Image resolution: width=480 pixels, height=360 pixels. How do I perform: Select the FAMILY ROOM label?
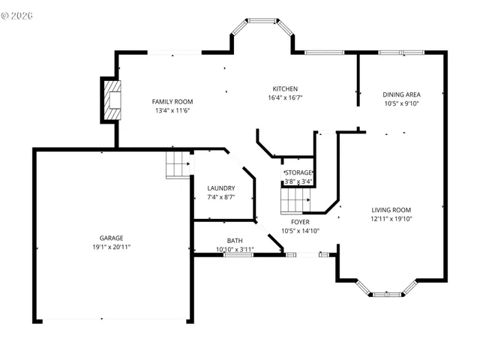(172, 102)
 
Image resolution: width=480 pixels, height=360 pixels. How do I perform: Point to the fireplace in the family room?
(111, 100)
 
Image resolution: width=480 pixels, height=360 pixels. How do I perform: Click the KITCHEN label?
(285, 88)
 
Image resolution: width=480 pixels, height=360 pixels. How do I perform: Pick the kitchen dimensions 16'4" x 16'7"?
(285, 97)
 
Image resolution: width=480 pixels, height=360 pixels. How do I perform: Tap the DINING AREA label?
(401, 94)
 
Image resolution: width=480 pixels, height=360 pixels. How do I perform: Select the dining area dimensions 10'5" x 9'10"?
(401, 103)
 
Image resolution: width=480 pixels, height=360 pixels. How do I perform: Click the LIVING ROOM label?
(391, 210)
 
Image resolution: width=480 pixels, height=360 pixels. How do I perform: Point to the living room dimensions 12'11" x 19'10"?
(391, 219)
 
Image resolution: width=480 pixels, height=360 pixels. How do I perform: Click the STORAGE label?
(298, 172)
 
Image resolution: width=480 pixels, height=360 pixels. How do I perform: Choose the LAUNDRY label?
(221, 188)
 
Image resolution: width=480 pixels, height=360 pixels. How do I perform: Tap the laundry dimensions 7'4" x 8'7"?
(221, 197)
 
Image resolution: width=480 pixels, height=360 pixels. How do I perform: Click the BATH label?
(235, 241)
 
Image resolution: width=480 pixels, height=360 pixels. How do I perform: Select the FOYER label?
(300, 222)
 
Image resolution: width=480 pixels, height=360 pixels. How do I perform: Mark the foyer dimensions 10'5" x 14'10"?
(300, 231)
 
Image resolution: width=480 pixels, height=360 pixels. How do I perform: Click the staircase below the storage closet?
(295, 200)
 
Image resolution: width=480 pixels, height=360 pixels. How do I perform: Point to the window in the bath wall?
(237, 255)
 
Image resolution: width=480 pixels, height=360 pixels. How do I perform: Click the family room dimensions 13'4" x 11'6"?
(172, 111)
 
